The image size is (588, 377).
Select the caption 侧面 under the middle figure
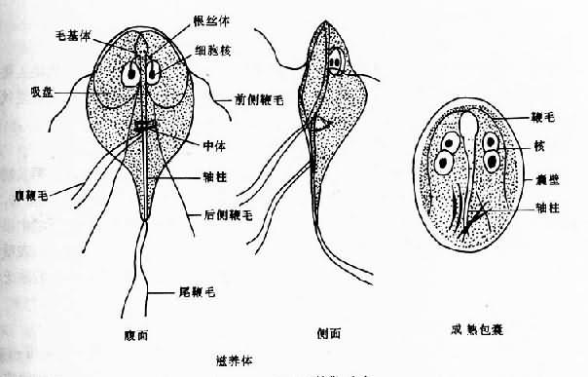click(x=327, y=331)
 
